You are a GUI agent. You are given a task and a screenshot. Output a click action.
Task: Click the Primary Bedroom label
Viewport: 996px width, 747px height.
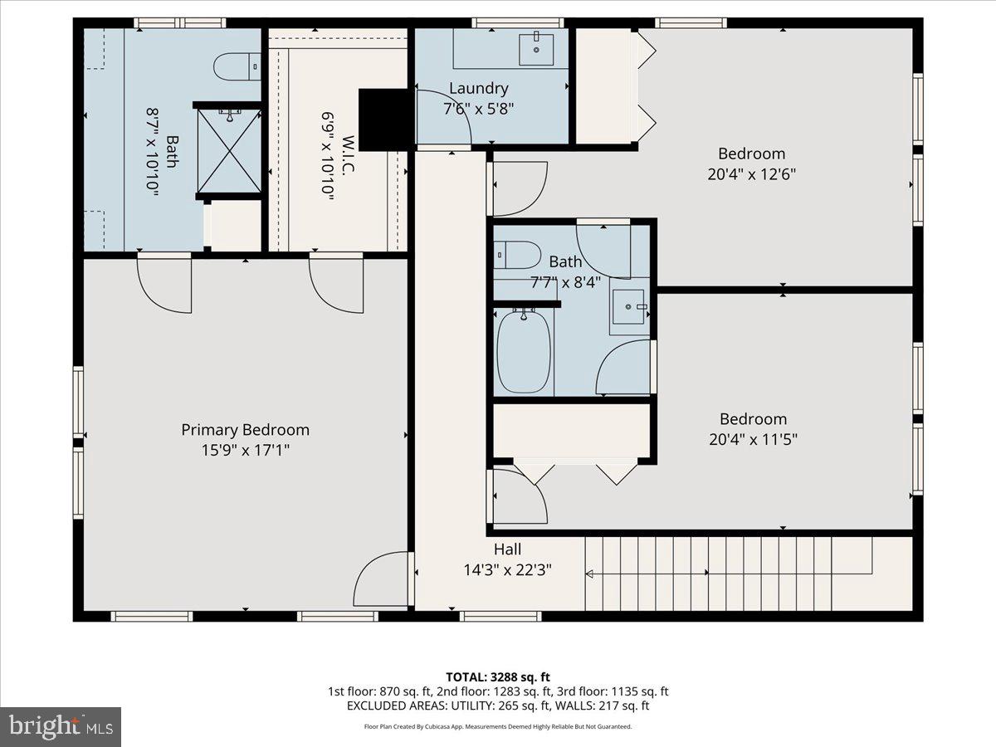pyautogui.click(x=245, y=430)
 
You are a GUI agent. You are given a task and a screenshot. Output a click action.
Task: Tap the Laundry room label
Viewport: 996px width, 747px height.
pyautogui.click(x=478, y=88)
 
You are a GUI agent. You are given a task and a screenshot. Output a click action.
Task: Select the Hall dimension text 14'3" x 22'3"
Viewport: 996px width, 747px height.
pyautogui.click(x=507, y=570)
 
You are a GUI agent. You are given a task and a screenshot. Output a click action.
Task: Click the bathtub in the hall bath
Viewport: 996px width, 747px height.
pyautogui.click(x=524, y=351)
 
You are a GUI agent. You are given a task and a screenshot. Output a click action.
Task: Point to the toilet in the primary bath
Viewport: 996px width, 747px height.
pyautogui.click(x=233, y=67)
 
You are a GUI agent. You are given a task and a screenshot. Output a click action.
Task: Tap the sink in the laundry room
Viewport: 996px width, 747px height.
pyautogui.click(x=535, y=49)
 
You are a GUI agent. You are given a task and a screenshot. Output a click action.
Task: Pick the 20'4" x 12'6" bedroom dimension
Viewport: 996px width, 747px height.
pyautogui.click(x=751, y=174)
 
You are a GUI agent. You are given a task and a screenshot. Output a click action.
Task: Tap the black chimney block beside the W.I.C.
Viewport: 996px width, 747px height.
pyautogui.click(x=384, y=119)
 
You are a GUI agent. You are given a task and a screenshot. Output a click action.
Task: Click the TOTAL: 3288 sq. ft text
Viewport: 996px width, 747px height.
pyautogui.click(x=498, y=676)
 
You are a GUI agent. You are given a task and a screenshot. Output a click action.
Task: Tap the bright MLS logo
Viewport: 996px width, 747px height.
pyautogui.click(x=61, y=727)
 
